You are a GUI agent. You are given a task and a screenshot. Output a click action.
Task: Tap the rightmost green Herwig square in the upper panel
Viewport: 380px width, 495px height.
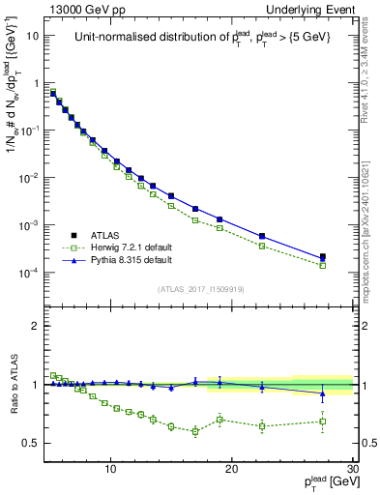click(323, 264)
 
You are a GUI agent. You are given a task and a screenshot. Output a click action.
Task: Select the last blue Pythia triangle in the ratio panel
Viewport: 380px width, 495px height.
click(323, 393)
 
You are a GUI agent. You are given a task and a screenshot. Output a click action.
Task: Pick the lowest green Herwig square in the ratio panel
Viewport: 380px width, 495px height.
click(195, 431)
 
